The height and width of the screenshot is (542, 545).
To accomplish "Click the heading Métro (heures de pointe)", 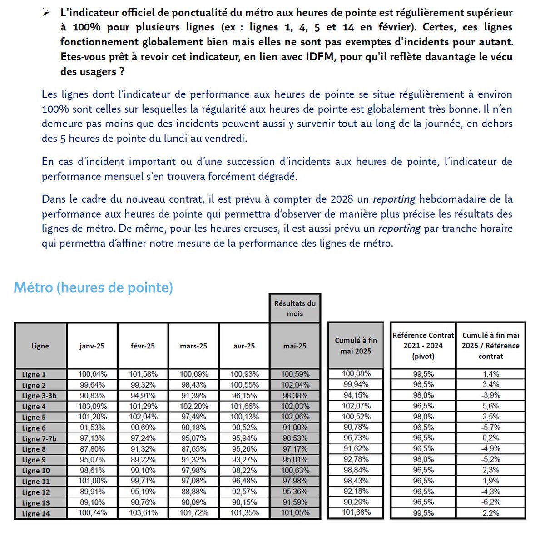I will tap(93, 288).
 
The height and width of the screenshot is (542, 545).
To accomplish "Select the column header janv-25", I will tap(92, 346).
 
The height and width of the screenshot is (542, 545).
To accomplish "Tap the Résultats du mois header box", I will tap(295, 308).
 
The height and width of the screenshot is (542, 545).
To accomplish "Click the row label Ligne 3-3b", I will tap(40, 396).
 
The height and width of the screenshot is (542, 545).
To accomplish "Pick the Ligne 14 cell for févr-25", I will tap(143, 513).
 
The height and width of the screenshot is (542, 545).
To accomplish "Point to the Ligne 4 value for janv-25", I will tap(92, 406).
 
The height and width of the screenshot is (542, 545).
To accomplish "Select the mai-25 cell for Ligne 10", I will tap(295, 470).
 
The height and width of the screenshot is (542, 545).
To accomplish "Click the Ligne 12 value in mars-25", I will tap(193, 492).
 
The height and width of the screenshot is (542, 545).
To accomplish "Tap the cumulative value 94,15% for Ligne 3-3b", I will tap(356, 395).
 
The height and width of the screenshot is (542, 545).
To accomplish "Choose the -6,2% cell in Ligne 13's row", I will tap(490, 502).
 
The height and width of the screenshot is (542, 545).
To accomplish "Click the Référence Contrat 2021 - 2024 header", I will tap(423, 346).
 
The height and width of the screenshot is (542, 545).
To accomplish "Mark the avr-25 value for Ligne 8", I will tap(244, 449).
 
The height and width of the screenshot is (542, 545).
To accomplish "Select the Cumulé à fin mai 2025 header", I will tap(356, 346).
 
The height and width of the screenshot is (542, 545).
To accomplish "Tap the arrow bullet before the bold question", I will tap(46, 13).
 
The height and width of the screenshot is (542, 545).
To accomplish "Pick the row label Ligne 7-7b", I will tap(40, 438).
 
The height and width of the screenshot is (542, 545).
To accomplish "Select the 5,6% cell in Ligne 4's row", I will tap(490, 406).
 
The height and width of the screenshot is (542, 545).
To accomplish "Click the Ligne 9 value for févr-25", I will tap(143, 459).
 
